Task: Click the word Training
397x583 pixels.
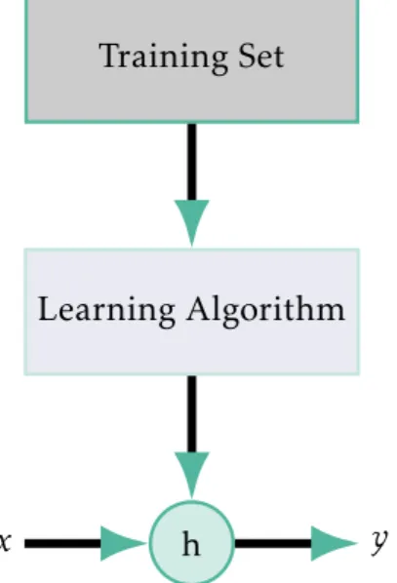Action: [163, 58]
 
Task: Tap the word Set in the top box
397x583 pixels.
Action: [261, 57]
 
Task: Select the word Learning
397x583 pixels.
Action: [106, 311]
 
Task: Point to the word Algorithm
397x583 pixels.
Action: [265, 311]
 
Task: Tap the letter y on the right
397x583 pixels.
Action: [379, 542]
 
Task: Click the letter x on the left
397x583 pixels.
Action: [5, 541]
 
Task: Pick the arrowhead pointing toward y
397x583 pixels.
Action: [334, 543]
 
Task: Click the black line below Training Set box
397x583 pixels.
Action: [191, 162]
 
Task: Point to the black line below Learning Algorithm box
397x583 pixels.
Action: [191, 413]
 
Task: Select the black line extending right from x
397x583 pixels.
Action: [62, 543]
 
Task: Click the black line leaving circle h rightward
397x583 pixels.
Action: [273, 543]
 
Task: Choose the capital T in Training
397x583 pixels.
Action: [110, 56]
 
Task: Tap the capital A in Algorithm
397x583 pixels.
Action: [197, 308]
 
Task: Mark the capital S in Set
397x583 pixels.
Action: [247, 57]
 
